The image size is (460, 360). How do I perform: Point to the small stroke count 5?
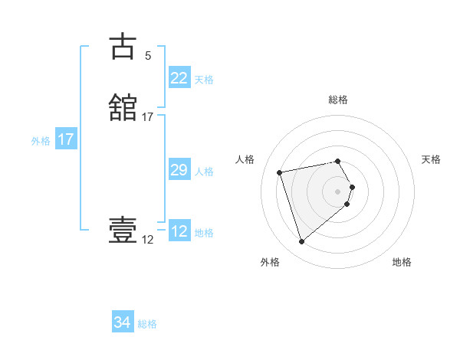[148, 56]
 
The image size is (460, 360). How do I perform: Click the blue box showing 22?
[179, 78]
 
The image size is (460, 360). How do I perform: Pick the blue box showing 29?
[179, 170]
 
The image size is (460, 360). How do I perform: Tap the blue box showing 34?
[123, 322]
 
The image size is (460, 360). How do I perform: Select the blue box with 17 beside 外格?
[66, 140]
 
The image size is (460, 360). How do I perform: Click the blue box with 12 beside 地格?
[179, 231]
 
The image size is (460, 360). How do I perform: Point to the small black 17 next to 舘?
[148, 117]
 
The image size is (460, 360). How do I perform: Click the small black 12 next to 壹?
[147, 240]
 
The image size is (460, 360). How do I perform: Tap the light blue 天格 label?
[204, 80]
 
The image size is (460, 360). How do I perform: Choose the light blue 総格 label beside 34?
[147, 324]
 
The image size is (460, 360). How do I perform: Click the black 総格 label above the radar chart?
[338, 100]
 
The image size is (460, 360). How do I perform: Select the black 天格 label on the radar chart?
[431, 159]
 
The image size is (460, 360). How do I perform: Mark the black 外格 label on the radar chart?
[269, 262]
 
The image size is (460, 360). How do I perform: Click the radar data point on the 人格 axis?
[280, 172]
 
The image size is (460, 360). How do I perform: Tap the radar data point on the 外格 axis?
[302, 242]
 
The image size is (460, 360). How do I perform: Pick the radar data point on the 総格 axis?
[338, 161]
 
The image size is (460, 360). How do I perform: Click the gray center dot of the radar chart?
[338, 190]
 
